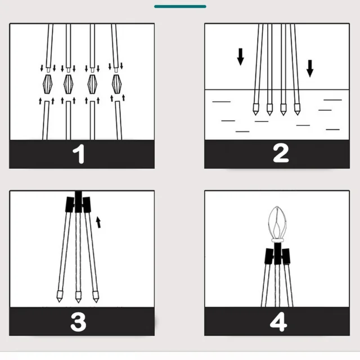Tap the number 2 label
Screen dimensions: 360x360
click(x=281, y=153)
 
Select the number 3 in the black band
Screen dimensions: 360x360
click(x=78, y=322)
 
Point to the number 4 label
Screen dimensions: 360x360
click(x=278, y=322)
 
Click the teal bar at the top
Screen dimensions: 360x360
click(x=180, y=6)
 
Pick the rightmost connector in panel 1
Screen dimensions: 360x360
click(x=117, y=84)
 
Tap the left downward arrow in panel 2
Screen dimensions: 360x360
click(x=241, y=56)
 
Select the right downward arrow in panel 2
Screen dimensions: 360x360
click(x=310, y=68)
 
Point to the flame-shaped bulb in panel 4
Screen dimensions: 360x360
click(x=280, y=220)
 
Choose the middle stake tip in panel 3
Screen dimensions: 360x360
click(x=77, y=296)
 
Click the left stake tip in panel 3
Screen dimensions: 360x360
click(x=58, y=296)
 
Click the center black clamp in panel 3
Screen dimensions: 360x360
click(x=78, y=199)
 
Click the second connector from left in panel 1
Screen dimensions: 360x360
click(x=69, y=84)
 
